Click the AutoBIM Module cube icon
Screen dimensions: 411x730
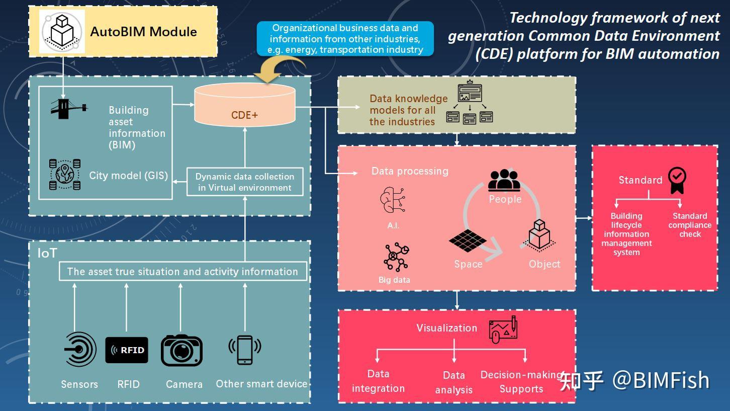63,31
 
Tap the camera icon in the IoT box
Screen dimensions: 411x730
181,350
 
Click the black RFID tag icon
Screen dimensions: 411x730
127,350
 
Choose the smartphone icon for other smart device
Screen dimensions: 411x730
245,349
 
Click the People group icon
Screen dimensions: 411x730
504,180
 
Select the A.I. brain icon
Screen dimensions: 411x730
393,200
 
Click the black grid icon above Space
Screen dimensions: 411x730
468,240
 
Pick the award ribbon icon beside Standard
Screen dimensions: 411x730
677,180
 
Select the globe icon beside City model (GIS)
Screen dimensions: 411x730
65,175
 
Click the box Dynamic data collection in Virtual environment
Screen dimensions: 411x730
245,182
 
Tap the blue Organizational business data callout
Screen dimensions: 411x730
345,39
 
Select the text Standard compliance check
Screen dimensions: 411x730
689,225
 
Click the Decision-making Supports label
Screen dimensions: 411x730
521,382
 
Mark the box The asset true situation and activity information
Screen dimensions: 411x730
182,271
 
